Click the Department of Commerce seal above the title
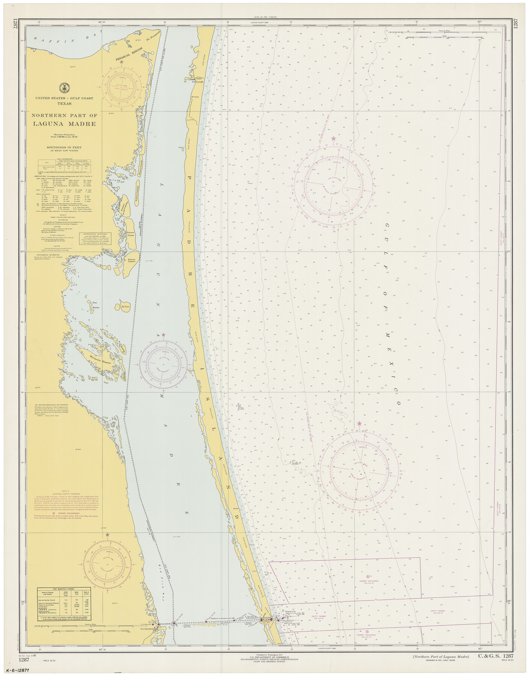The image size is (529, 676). (64, 88)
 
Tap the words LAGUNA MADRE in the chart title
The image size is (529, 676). (64, 124)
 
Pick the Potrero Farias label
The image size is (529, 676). (130, 235)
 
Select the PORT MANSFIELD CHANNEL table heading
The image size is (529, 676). (63, 588)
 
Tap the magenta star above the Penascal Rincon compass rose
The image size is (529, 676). (121, 61)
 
